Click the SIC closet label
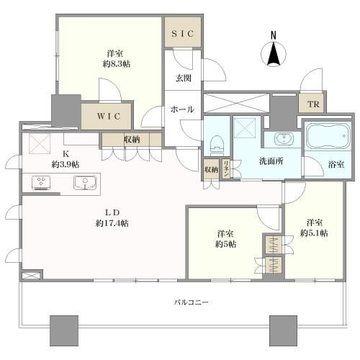(183, 34)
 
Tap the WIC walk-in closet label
(109, 117)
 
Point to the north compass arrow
(274, 53)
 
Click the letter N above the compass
(274, 35)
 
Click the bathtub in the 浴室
(328, 136)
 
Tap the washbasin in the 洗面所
(284, 139)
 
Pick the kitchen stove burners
(41, 183)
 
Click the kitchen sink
(85, 183)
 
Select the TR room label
(313, 104)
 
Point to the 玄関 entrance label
(184, 78)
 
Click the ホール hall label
(182, 109)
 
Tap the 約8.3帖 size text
(117, 64)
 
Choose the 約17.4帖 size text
(112, 223)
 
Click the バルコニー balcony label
(191, 302)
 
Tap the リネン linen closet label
(226, 169)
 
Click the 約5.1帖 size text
(314, 233)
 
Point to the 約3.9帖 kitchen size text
(66, 164)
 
